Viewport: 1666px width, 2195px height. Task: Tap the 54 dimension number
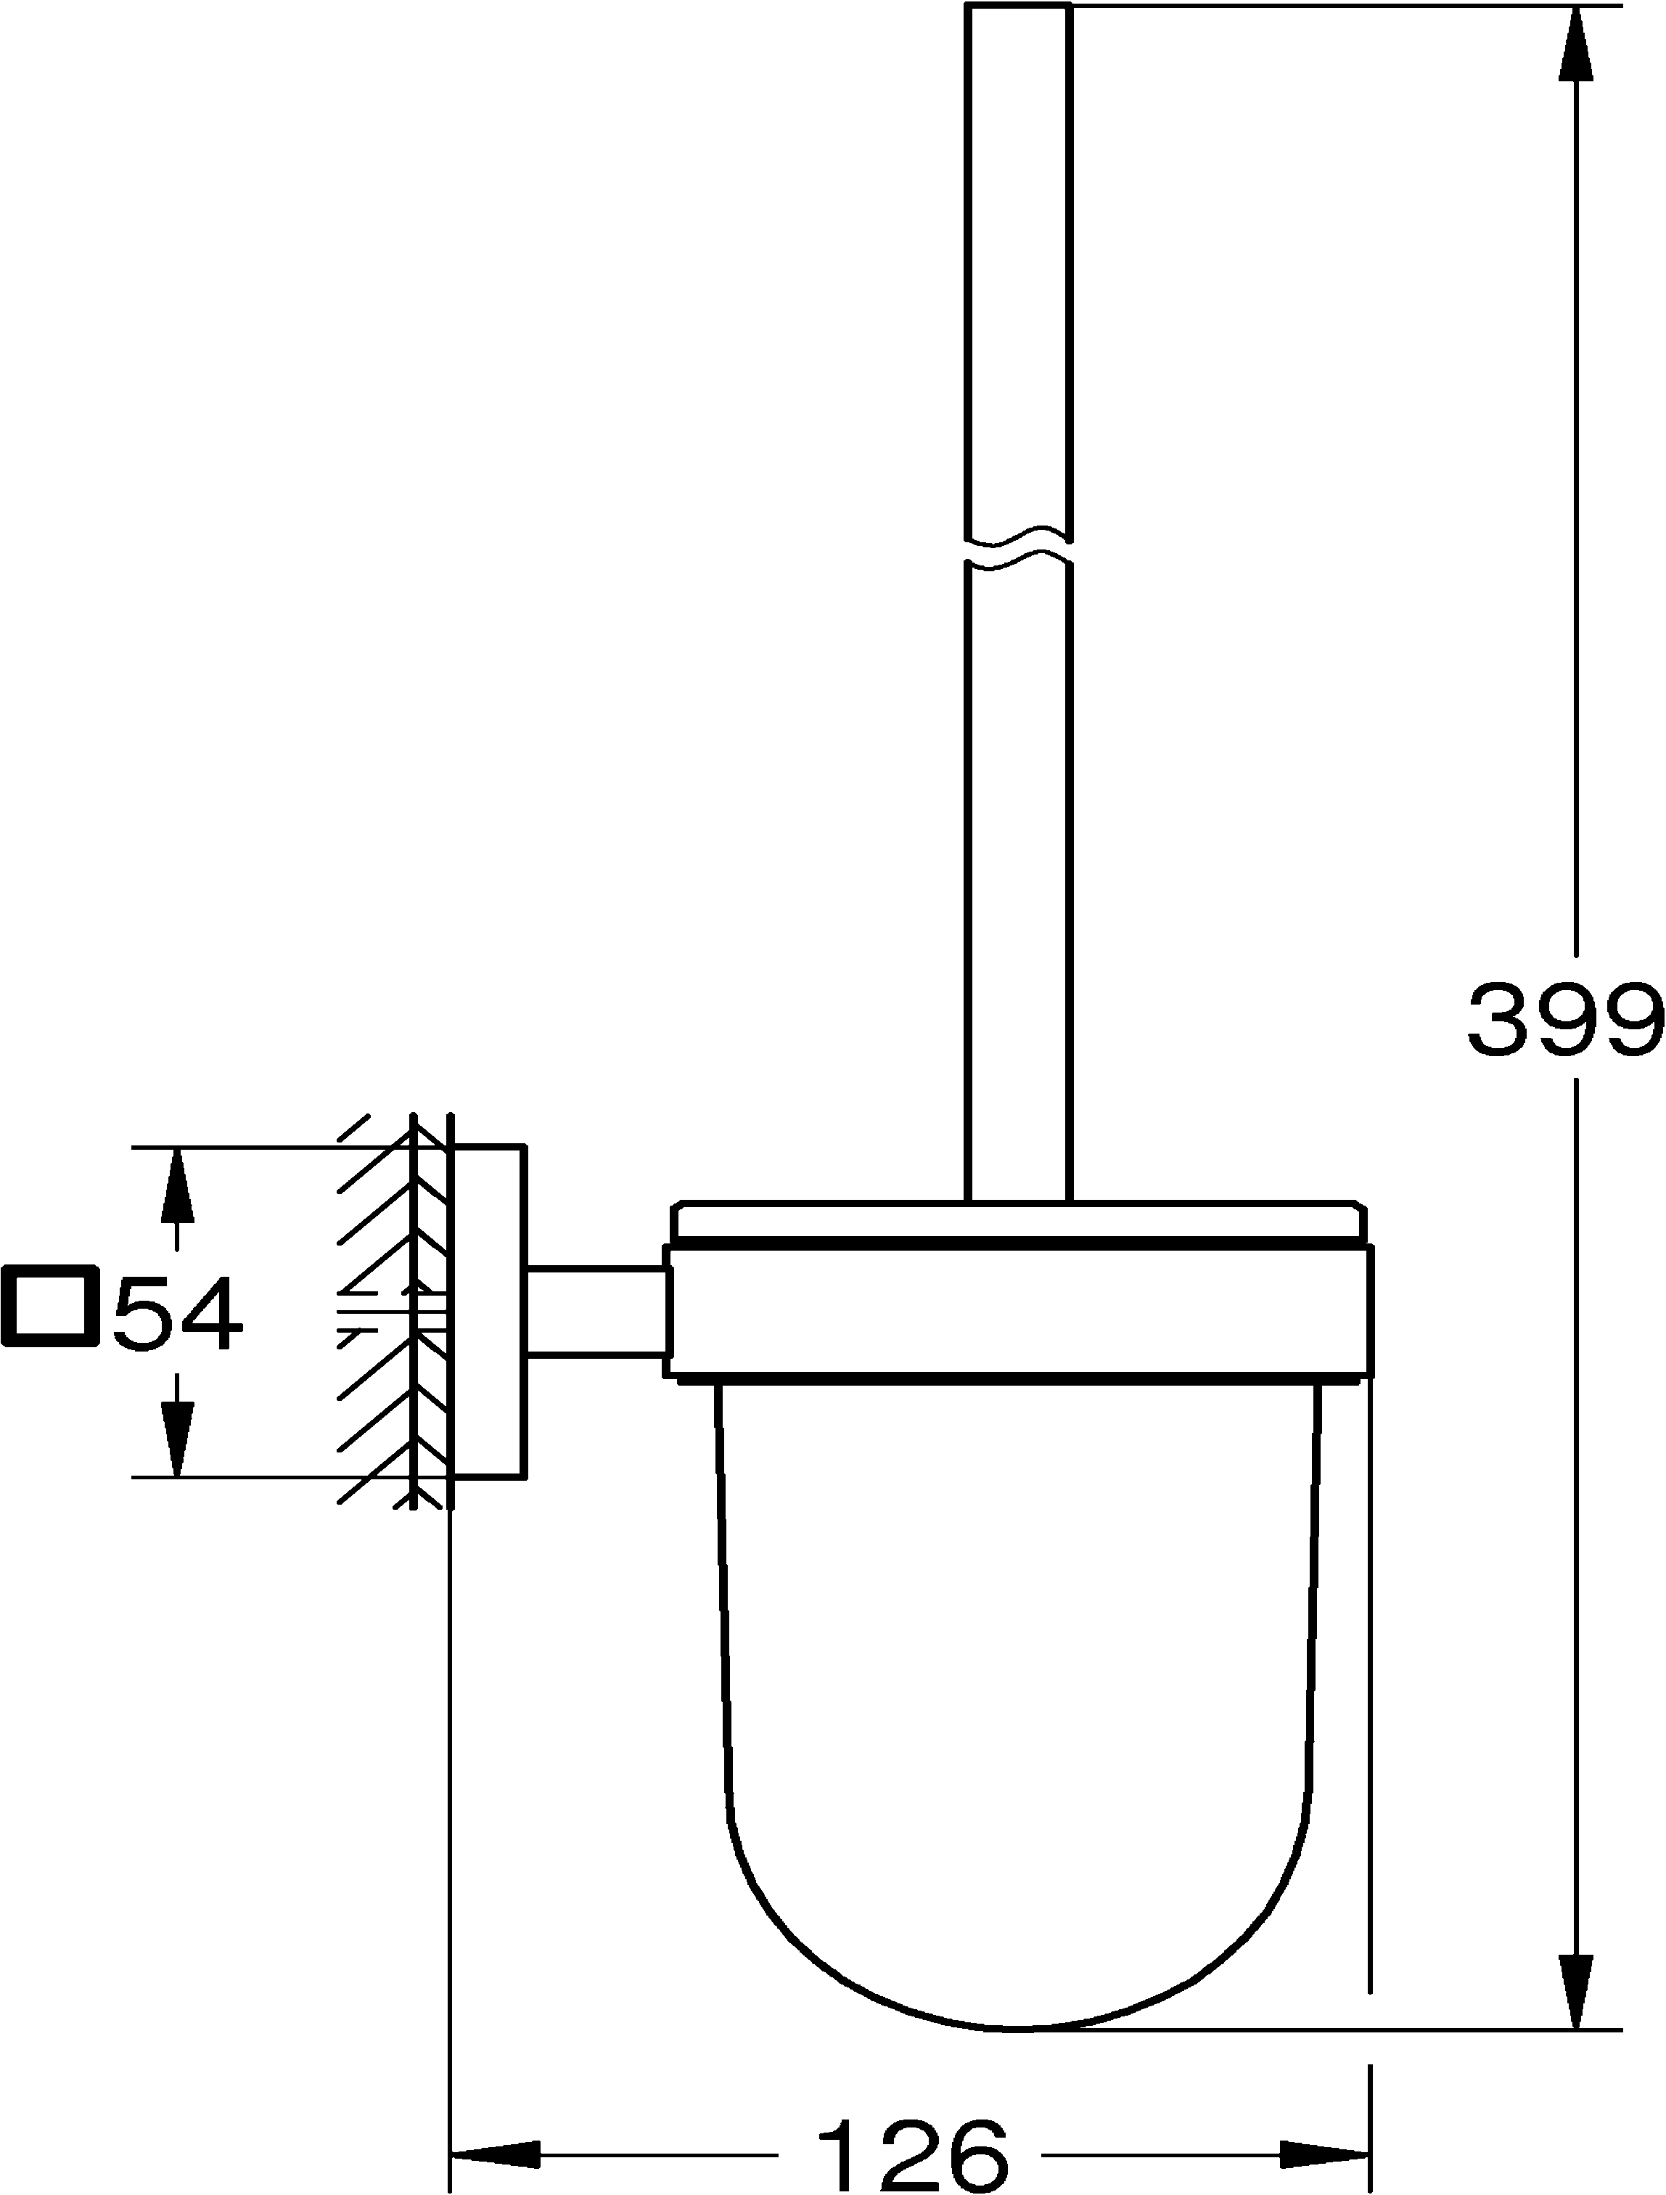178,1314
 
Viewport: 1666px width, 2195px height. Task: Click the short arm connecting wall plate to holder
595,1310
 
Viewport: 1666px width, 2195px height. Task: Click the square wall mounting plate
488,1310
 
